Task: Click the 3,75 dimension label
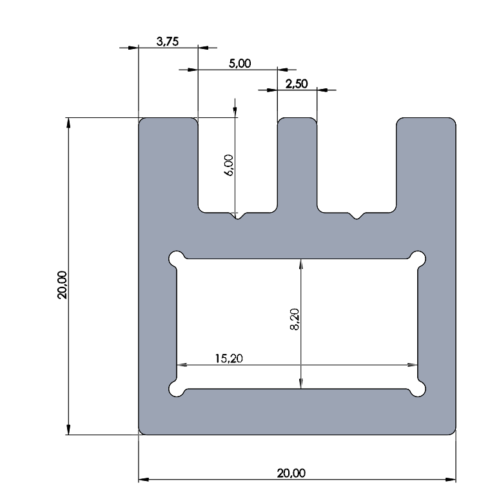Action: tap(168, 41)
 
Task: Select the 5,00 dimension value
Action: tap(240, 63)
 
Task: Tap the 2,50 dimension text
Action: tap(297, 84)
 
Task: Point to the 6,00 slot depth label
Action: tap(229, 165)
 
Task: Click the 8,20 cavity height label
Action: tap(295, 319)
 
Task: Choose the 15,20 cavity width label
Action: tap(229, 358)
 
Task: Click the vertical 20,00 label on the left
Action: tap(62, 285)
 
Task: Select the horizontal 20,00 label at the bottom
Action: tap(291, 473)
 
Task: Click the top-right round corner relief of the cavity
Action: tap(418, 259)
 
